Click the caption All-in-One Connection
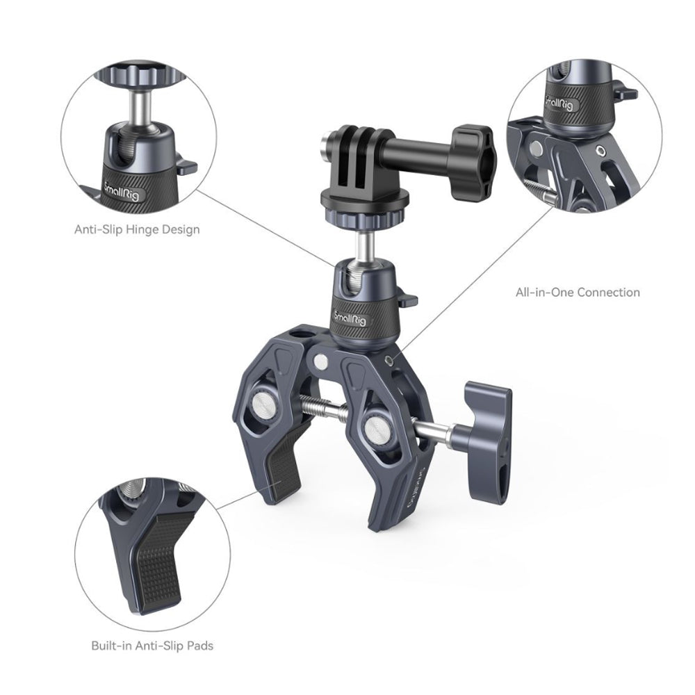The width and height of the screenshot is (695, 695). tap(577, 293)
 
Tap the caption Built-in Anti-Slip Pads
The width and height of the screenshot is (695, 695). tap(152, 646)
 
